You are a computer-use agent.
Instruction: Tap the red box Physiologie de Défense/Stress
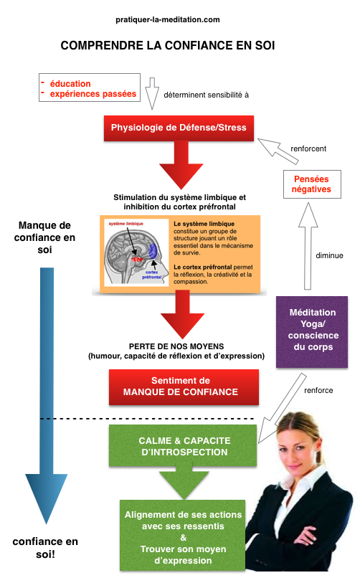179,128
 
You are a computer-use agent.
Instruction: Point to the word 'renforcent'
308,149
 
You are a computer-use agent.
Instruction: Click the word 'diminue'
329,255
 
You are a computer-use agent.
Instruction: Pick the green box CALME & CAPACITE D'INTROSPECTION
184,447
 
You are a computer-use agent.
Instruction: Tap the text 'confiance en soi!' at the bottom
46,548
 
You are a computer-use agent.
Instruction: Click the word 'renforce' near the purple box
318,391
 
